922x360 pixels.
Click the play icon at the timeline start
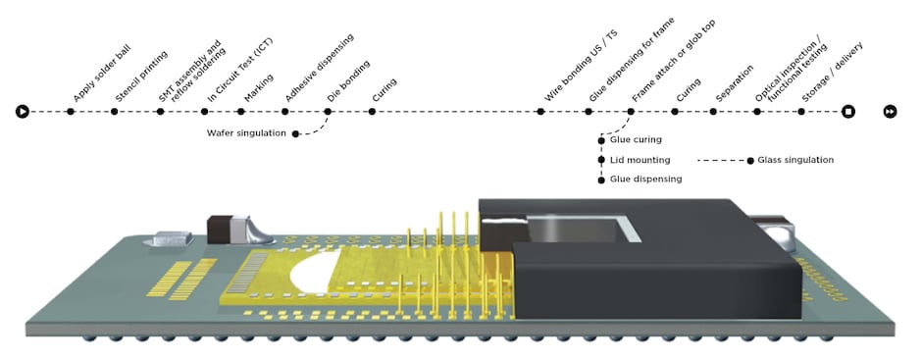(22, 112)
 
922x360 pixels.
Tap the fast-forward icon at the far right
(889, 112)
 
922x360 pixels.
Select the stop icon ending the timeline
(848, 112)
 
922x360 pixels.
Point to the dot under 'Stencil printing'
(115, 112)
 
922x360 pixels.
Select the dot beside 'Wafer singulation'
(296, 132)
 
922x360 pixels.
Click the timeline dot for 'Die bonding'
(329, 112)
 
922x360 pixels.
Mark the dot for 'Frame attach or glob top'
(631, 112)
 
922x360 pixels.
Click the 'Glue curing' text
(636, 140)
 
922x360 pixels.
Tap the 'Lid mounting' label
(640, 159)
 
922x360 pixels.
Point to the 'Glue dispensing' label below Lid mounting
(645, 179)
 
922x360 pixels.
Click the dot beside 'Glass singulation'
(750, 159)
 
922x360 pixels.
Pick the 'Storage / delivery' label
(832, 78)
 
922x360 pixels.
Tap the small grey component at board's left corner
(170, 238)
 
